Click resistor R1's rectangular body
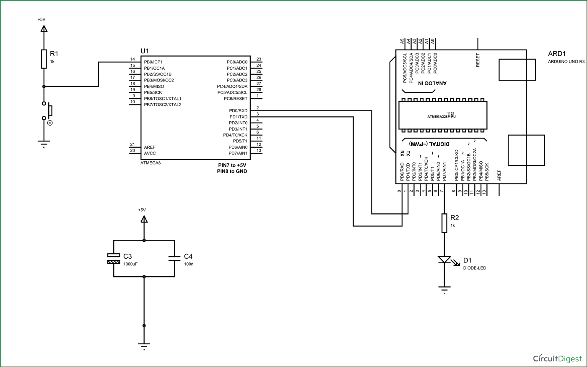click(44, 59)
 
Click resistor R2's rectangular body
click(444, 223)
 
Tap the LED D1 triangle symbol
click(444, 260)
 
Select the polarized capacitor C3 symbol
click(114, 258)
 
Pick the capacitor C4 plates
click(174, 258)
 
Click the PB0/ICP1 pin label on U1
click(153, 62)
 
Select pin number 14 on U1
click(132, 59)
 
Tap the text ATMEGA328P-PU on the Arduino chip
click(441, 116)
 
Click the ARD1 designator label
click(557, 54)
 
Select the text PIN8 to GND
click(232, 171)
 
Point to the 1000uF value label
click(130, 264)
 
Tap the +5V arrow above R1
click(44, 28)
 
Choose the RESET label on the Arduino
click(478, 60)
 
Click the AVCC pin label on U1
click(150, 153)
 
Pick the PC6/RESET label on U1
click(235, 99)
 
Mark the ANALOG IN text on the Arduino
click(432, 83)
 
